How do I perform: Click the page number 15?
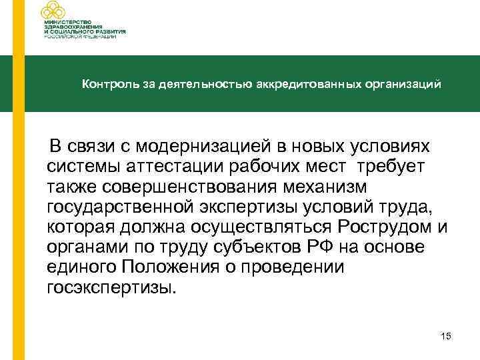(446, 337)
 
